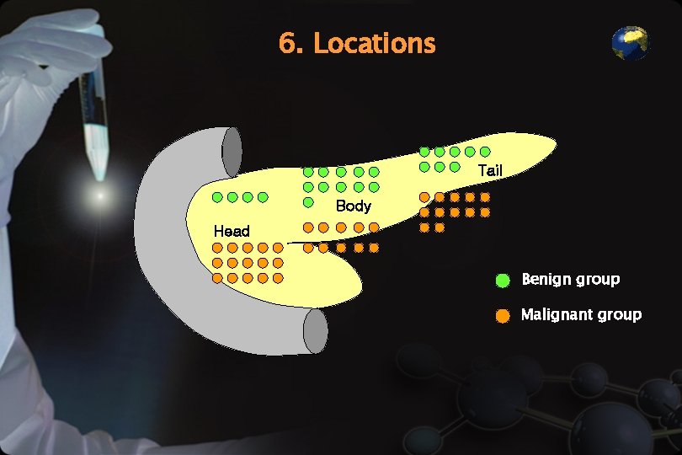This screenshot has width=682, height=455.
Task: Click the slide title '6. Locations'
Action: (357, 43)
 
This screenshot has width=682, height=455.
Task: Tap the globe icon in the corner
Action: (630, 44)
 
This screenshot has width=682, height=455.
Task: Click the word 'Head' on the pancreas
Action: (232, 231)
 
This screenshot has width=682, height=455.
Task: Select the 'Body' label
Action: (353, 206)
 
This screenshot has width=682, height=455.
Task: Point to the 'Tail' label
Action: (490, 171)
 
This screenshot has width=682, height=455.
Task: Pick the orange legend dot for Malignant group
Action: (503, 316)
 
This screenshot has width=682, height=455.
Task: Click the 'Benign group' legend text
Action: (570, 279)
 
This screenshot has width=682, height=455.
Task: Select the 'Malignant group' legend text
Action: (581, 315)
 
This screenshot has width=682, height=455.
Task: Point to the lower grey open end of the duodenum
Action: (315, 331)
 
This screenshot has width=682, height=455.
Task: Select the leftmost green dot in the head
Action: (217, 197)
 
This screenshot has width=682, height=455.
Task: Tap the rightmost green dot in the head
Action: (263, 197)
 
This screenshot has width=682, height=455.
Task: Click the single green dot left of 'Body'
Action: (308, 202)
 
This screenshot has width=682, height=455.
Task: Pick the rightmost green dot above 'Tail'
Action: (485, 152)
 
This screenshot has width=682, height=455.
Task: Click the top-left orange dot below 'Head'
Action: (217, 248)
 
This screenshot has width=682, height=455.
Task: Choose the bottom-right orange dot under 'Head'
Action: (278, 277)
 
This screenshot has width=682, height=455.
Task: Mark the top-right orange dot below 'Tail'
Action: (485, 197)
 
